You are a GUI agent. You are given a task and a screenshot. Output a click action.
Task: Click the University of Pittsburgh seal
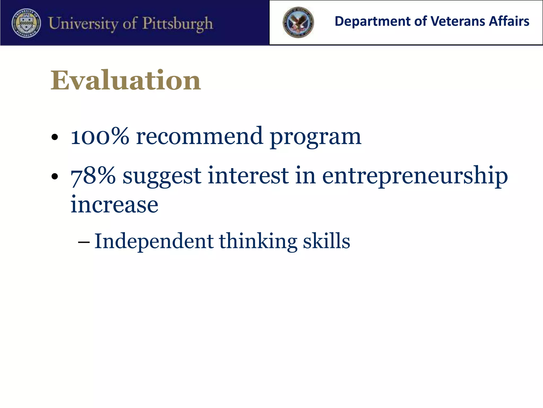[x=26, y=23]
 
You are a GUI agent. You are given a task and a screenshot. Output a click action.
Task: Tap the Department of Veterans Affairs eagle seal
[x=298, y=22]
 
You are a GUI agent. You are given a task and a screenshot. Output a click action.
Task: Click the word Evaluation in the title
[x=126, y=80]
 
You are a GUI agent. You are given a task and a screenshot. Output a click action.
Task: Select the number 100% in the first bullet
[x=100, y=136]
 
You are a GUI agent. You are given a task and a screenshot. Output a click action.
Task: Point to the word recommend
[x=200, y=136]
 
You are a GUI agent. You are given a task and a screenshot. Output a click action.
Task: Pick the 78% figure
[x=93, y=176]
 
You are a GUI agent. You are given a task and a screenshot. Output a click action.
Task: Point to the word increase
[x=114, y=205]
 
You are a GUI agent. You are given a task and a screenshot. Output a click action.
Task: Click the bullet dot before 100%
[x=55, y=137]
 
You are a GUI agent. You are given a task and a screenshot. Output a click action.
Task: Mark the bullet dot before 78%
[x=55, y=176]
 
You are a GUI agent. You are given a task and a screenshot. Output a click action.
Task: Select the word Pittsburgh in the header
[x=178, y=24]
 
